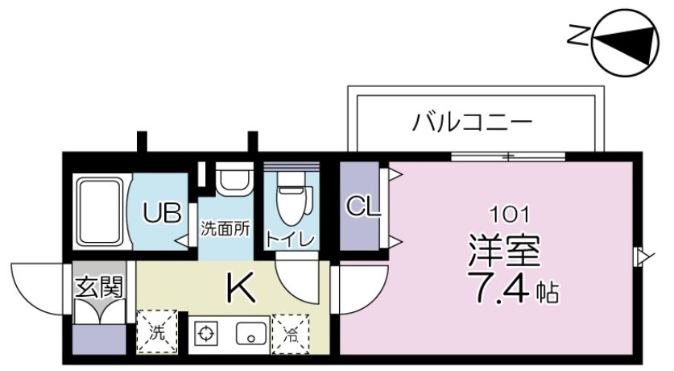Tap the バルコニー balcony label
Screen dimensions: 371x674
(473, 123)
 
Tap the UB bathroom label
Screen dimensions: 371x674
(162, 214)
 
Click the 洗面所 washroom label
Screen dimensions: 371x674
(225, 229)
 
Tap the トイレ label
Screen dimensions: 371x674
(291, 239)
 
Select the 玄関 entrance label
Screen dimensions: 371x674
(98, 286)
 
